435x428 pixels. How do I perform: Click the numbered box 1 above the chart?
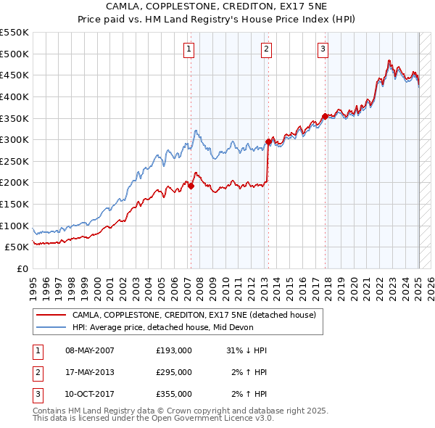(188, 49)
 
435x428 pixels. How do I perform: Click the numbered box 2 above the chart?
(266, 49)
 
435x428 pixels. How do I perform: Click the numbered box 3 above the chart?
(323, 49)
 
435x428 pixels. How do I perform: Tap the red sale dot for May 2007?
(191, 186)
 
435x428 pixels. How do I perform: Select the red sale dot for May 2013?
(268, 142)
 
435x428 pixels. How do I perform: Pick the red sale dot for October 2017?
(325, 116)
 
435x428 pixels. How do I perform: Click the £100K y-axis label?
(16, 226)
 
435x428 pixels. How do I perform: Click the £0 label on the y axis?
(23, 268)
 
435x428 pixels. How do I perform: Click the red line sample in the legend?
(51, 316)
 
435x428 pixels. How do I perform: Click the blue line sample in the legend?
(51, 327)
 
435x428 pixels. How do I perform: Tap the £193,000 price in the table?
(174, 350)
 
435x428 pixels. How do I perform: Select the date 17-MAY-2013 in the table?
(90, 372)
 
